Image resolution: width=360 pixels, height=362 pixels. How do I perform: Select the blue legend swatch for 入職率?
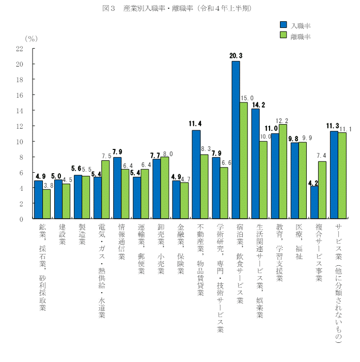click(x=283, y=24)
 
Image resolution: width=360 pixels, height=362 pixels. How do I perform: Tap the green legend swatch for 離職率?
click(x=283, y=36)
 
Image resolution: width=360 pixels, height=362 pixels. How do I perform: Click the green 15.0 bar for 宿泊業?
click(x=244, y=160)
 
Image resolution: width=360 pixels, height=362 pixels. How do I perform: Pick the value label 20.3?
click(x=236, y=55)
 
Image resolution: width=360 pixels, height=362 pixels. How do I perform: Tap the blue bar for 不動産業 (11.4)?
click(x=196, y=174)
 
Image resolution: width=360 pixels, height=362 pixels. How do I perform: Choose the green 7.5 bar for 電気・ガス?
click(x=105, y=190)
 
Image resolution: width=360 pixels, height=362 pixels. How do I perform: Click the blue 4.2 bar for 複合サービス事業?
click(x=314, y=202)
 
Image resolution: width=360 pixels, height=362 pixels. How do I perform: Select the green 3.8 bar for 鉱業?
click(x=46, y=204)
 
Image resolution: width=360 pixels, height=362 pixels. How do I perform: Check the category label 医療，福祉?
click(x=299, y=241)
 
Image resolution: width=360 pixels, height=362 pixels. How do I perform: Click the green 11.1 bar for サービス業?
click(x=342, y=176)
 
